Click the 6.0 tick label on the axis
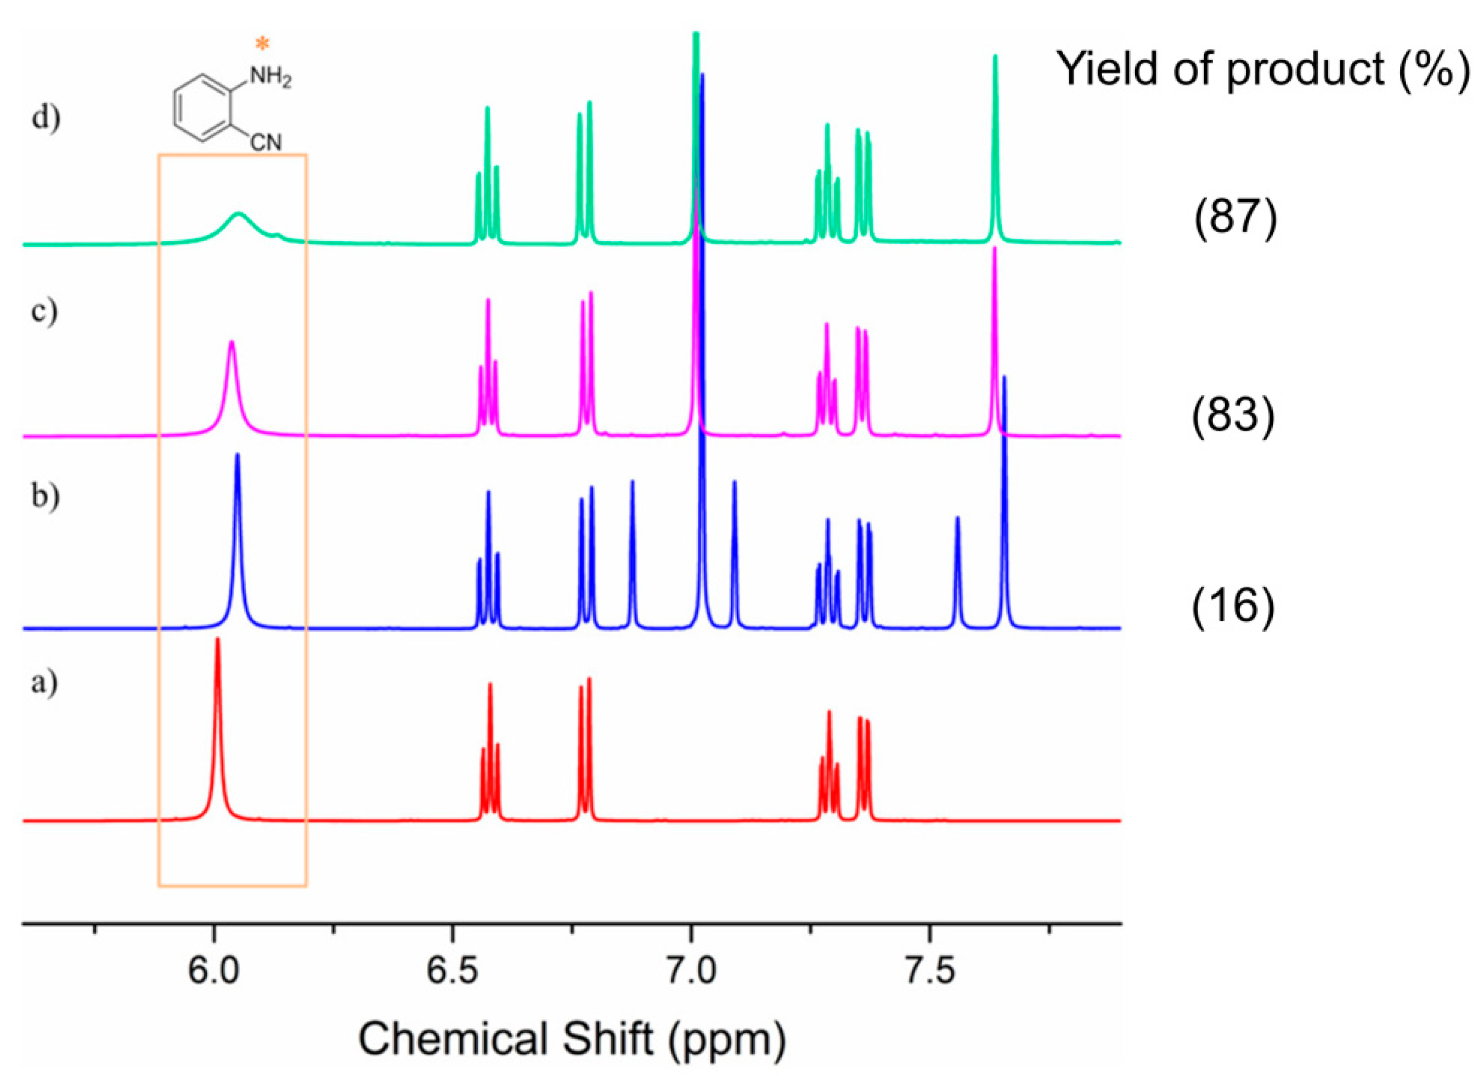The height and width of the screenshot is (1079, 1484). [213, 970]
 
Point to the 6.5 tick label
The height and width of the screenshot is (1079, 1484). [451, 970]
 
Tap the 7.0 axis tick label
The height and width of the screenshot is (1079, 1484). [690, 970]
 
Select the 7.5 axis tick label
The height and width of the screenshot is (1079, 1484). [929, 970]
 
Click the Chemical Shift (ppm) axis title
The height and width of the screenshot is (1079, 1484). [572, 1038]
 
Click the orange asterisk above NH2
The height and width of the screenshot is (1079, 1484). [262, 44]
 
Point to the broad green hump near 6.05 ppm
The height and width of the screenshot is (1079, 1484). [239, 220]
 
